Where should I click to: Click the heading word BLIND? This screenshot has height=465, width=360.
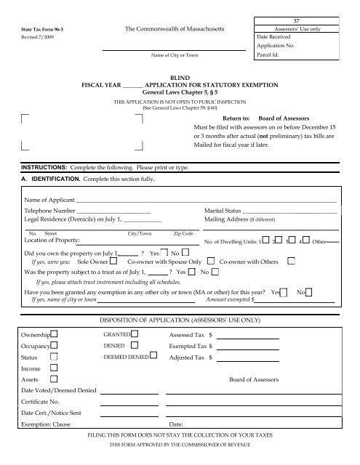coord(180,76)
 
